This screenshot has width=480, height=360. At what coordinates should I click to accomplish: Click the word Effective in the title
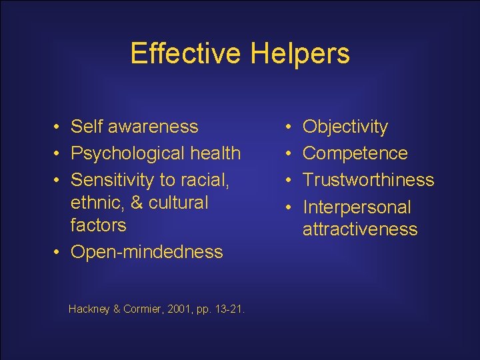[187, 53]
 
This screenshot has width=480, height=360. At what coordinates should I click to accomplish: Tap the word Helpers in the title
[300, 53]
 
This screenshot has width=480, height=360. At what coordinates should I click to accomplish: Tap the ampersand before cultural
[131, 203]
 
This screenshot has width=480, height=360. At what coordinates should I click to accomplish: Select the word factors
[98, 225]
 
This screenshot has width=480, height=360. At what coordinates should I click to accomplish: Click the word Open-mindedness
[147, 252]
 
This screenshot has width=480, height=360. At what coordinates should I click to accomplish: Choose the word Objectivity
[345, 127]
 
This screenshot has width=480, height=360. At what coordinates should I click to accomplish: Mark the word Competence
[355, 153]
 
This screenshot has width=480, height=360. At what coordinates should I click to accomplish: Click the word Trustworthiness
[368, 180]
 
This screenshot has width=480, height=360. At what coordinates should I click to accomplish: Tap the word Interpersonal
[357, 207]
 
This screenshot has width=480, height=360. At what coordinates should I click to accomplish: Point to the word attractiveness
[360, 230]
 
